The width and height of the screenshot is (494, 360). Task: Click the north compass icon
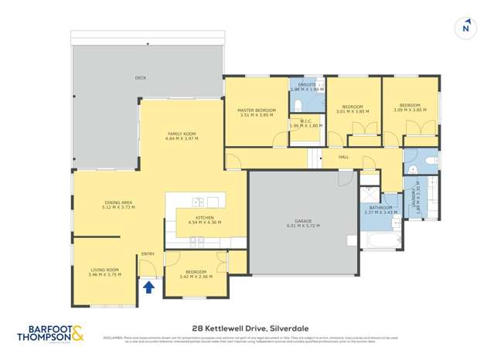click(x=465, y=27)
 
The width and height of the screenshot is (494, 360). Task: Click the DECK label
click(x=140, y=78)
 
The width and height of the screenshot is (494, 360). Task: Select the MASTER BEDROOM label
click(x=256, y=110)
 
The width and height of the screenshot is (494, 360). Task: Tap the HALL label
click(x=344, y=157)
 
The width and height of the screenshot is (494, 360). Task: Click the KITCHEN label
click(x=204, y=218)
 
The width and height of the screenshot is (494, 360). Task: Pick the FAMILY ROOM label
click(x=183, y=134)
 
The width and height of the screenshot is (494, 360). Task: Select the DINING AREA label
click(x=118, y=202)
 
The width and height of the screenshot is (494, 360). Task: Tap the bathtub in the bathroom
click(x=380, y=241)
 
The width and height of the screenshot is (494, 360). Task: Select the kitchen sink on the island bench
click(x=198, y=202)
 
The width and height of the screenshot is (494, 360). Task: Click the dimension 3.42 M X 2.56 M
click(x=195, y=276)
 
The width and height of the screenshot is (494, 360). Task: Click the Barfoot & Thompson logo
click(x=51, y=334)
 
